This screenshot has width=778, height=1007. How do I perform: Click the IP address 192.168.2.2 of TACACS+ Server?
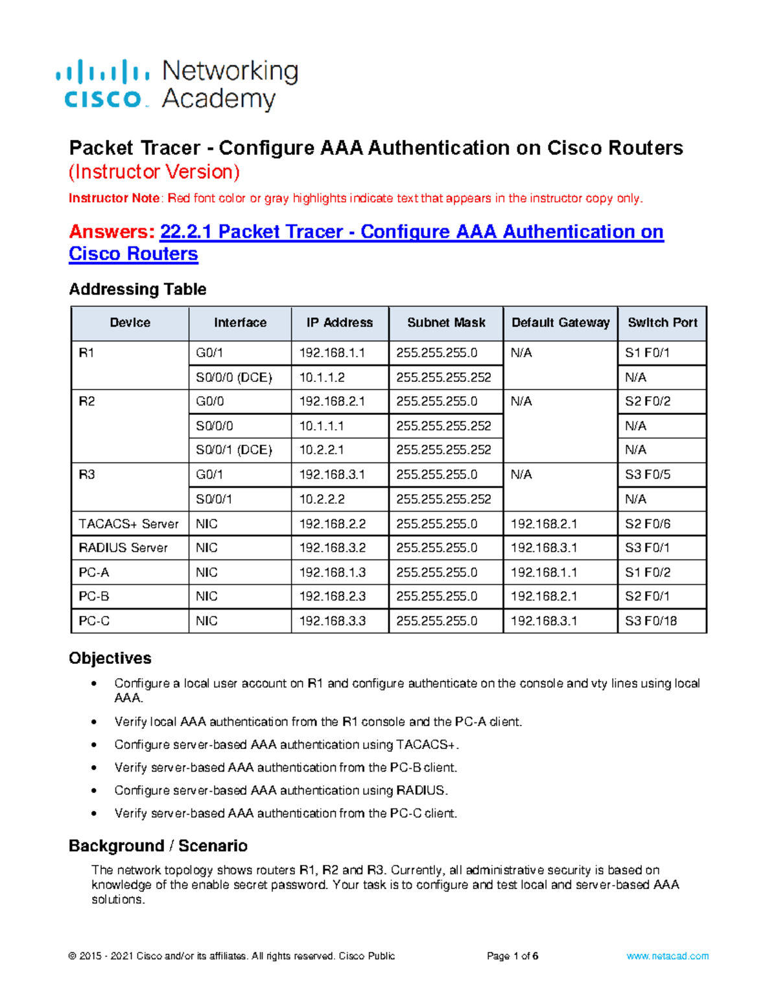(333, 523)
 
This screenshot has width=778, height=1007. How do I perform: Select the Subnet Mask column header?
(446, 323)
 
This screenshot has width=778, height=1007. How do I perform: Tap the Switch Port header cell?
(662, 323)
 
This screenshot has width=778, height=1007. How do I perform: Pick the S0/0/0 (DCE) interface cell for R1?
(234, 377)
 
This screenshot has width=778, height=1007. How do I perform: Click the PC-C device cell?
(95, 621)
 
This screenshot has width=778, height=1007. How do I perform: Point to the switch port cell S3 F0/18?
(650, 621)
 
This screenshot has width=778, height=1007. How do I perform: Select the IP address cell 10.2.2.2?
(322, 499)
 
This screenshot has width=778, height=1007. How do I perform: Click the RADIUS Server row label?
(123, 548)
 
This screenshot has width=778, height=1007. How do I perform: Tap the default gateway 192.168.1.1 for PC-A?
(543, 572)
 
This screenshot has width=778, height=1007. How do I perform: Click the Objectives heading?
(110, 658)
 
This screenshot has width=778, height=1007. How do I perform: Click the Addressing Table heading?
(137, 289)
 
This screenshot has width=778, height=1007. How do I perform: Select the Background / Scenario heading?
(158, 846)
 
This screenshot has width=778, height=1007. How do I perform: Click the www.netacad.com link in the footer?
(667, 956)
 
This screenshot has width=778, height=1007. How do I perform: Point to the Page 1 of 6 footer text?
(512, 956)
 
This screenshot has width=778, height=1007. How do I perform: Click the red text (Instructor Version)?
(154, 172)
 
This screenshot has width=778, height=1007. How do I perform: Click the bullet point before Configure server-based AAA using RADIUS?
(95, 790)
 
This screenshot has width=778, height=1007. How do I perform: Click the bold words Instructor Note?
(113, 198)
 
